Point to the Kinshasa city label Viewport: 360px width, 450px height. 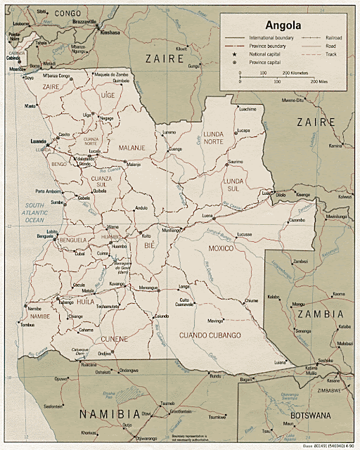[110, 32]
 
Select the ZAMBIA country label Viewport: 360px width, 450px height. [319, 314]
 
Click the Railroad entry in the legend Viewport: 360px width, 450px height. [333, 37]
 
